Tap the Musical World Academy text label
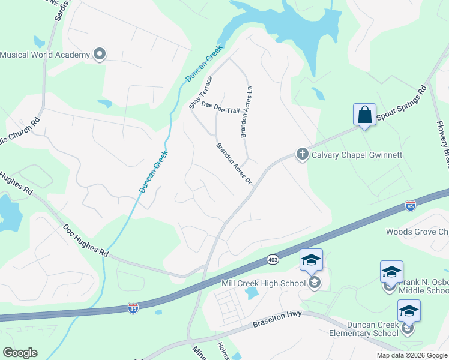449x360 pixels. click(x=45, y=55)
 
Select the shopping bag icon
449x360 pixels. click(x=364, y=114)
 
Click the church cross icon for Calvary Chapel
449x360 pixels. click(x=302, y=155)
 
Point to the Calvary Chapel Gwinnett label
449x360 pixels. click(x=357, y=155)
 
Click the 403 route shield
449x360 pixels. click(x=273, y=259)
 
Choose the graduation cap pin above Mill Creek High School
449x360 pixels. click(x=311, y=260)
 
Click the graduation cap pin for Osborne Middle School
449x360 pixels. click(x=391, y=272)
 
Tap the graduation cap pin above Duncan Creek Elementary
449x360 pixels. click(x=409, y=311)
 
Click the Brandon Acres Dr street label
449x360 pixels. click(x=233, y=163)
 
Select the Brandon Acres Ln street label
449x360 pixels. click(x=244, y=112)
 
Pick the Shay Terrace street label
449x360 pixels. click(x=201, y=92)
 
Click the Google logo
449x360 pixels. click(x=20, y=353)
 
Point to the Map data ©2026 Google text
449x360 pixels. click(x=412, y=355)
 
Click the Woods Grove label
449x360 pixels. click(x=417, y=232)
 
